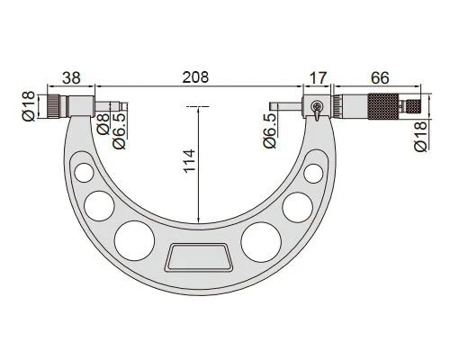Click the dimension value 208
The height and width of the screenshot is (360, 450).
(x=195, y=77)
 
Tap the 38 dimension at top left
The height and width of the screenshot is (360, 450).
(x=71, y=77)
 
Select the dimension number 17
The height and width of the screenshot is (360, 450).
(x=317, y=77)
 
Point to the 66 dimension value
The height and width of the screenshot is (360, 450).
(x=380, y=77)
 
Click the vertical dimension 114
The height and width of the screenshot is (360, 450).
(x=189, y=160)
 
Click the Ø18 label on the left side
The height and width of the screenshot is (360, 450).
(x=29, y=106)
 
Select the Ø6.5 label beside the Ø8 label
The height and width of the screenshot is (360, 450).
(x=120, y=131)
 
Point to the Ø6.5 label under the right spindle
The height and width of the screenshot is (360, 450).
(x=270, y=130)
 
